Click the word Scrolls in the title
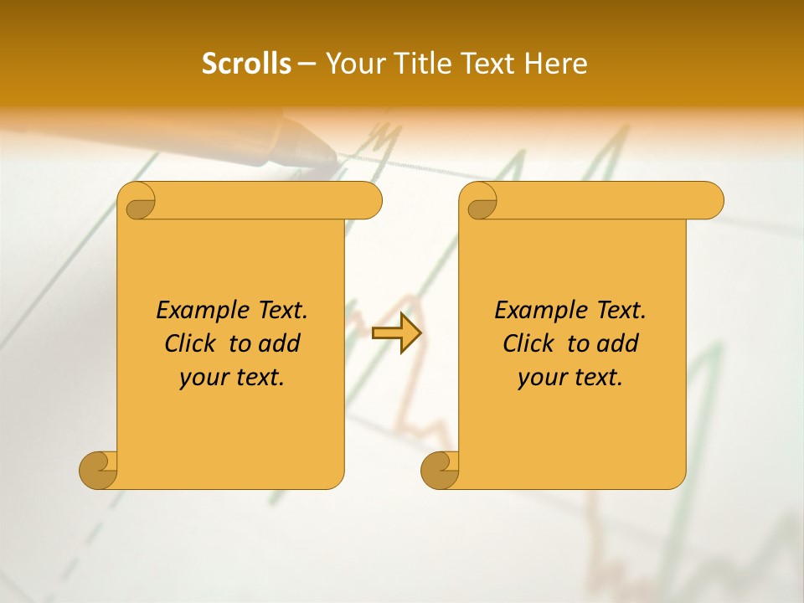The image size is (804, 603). point(247,64)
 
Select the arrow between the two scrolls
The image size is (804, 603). point(396,332)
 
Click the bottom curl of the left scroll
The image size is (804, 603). point(98,470)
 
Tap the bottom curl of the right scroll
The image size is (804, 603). point(440,470)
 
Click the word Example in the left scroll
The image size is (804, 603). point(198,311)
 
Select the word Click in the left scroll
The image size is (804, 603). point(188,343)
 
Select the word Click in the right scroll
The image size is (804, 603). point(527,343)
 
